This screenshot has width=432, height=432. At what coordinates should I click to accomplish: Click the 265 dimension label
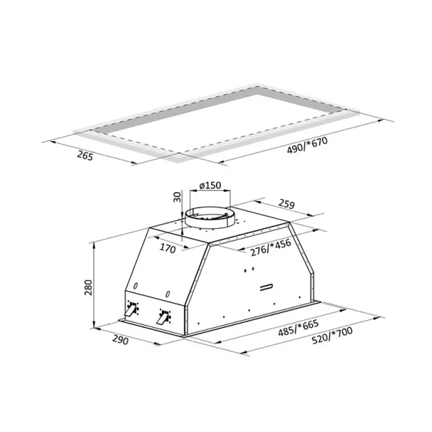coord(85,156)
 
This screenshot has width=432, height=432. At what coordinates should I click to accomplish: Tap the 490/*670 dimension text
coord(307,145)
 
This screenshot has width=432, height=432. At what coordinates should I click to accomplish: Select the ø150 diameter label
coord(210,185)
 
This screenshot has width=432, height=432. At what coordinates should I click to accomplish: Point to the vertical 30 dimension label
coord(178,197)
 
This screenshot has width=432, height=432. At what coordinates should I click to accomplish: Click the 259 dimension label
coord(287,204)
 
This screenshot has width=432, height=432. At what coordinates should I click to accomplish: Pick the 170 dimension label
coord(167,248)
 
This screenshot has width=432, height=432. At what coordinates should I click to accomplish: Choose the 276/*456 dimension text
coord(271,247)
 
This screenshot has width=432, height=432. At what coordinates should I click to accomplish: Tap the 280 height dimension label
coord(88,287)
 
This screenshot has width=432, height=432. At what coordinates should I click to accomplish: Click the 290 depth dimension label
coord(120,340)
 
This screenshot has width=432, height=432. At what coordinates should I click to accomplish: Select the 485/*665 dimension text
coord(298,328)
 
